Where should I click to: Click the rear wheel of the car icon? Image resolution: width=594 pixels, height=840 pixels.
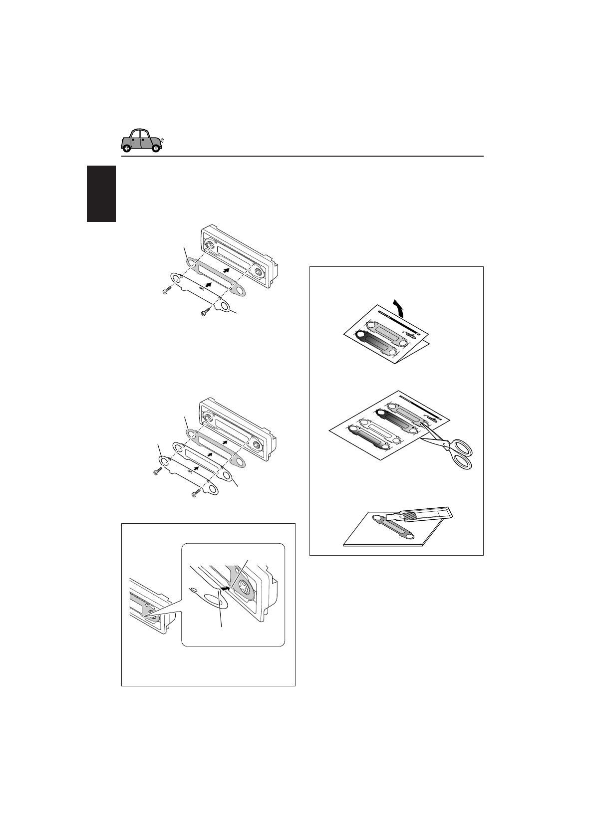tap(127, 148)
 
